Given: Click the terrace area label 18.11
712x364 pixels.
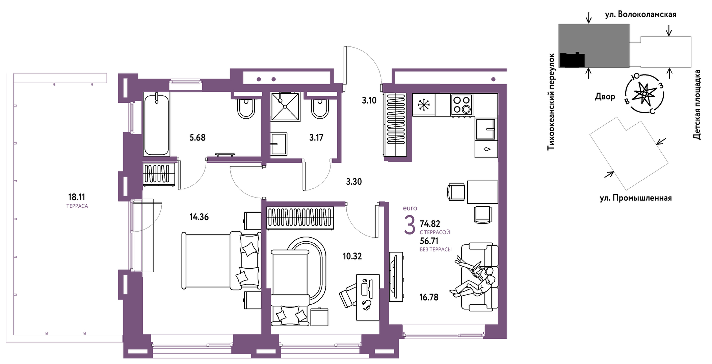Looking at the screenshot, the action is pyautogui.click(x=77, y=197).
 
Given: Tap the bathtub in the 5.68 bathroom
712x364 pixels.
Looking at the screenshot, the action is pyautogui.click(x=156, y=125).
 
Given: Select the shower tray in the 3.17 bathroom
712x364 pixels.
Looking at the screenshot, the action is pyautogui.click(x=285, y=107).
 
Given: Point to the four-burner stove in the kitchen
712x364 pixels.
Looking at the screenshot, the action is pyautogui.click(x=462, y=105).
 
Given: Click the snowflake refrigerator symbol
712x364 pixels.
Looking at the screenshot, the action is pyautogui.click(x=423, y=105).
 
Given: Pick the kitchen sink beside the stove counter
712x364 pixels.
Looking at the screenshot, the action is pyautogui.click(x=486, y=129).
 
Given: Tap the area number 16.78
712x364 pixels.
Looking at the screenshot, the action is pyautogui.click(x=429, y=297).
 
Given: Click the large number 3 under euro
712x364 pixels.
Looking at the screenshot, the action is pyautogui.click(x=410, y=225).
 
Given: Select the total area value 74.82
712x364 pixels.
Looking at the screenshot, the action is pyautogui.click(x=430, y=224).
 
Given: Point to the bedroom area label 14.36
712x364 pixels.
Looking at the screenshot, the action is pyautogui.click(x=199, y=217).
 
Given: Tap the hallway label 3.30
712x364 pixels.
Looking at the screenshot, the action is pyautogui.click(x=354, y=182).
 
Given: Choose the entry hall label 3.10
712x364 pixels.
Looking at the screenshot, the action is pyautogui.click(x=369, y=100).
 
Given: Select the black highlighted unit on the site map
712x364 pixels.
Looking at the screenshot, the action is pyautogui.click(x=572, y=60).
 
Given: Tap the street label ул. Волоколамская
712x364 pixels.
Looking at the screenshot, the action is pyautogui.click(x=640, y=14).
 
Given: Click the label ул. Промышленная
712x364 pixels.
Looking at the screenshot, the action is pyautogui.click(x=636, y=198).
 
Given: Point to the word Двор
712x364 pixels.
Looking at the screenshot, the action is pyautogui.click(x=605, y=97).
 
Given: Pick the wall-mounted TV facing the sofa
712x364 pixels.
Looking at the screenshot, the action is pyautogui.click(x=396, y=276).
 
